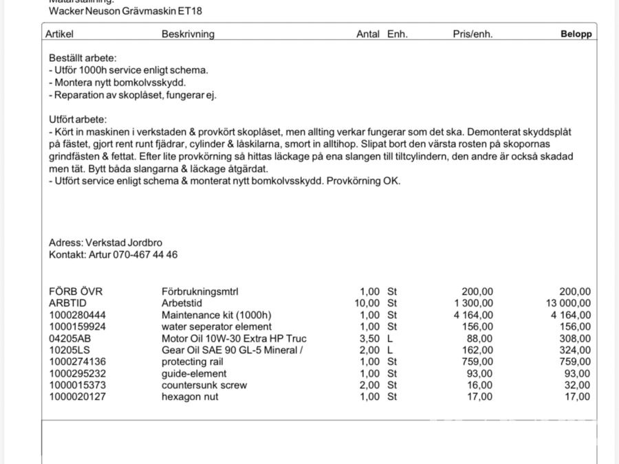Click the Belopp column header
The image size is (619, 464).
point(576,34)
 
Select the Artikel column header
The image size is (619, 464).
point(59,34)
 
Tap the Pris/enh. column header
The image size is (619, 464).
point(472,34)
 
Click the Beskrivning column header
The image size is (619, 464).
point(188,34)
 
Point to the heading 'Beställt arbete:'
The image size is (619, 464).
point(83,58)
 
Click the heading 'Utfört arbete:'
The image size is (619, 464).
point(78,120)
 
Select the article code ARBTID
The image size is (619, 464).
point(68,303)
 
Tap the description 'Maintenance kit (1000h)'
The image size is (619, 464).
point(216,315)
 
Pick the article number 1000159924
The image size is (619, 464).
point(78,327)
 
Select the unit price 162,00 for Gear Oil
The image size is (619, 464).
point(477,350)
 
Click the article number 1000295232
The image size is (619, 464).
point(78,373)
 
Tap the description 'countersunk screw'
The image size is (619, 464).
point(204,385)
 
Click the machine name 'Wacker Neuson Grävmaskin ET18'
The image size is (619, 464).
point(126,11)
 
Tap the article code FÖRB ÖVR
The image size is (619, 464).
point(76,291)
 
